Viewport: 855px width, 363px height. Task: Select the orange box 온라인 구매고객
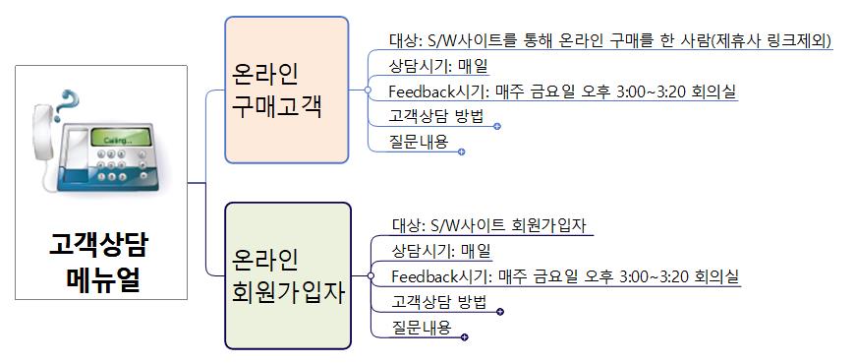point(286,90)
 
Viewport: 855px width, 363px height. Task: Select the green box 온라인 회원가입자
point(287,276)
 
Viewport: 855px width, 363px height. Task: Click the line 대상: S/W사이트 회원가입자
point(488,224)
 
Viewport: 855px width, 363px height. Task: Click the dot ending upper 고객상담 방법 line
point(497,126)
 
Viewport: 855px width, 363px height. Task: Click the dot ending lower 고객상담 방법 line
point(500,312)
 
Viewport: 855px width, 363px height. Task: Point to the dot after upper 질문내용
point(461,151)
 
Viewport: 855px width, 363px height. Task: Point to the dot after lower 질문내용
point(464,337)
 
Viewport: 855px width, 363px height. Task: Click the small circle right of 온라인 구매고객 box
point(366,91)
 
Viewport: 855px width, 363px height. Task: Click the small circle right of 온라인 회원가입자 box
point(369,276)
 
